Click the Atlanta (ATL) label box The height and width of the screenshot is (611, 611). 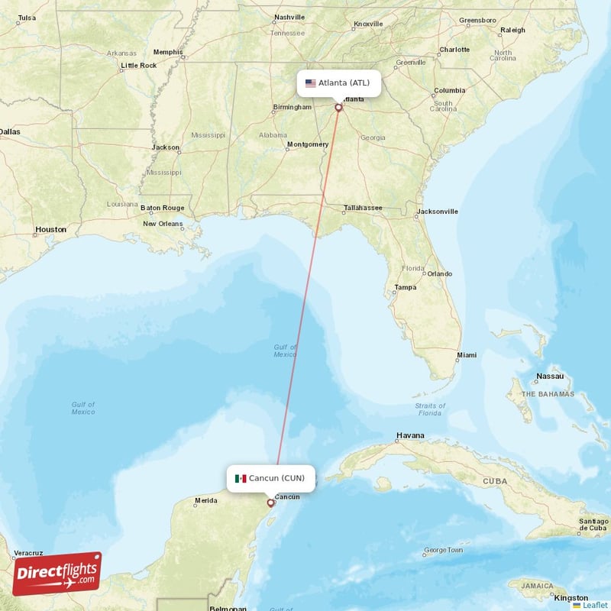[338, 82]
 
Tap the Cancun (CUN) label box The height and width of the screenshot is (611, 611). [270, 478]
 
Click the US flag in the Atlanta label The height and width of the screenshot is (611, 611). [311, 83]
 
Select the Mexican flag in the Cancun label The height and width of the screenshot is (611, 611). [241, 479]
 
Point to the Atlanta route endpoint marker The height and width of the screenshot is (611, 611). [338, 108]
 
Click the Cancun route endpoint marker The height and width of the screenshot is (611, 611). [270, 503]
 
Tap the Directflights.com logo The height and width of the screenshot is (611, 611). [57, 574]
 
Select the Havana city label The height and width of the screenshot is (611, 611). [409, 436]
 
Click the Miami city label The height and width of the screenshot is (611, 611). [466, 355]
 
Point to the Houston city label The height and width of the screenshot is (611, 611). [51, 229]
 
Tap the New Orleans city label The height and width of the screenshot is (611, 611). [163, 224]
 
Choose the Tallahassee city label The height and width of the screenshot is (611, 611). [362, 208]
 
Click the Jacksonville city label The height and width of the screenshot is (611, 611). [437, 212]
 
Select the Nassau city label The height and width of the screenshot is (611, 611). [550, 377]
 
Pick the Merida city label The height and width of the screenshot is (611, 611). [205, 501]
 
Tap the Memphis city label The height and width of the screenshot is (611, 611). [168, 52]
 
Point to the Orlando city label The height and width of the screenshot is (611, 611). [439, 273]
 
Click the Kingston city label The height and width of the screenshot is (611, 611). [571, 598]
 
